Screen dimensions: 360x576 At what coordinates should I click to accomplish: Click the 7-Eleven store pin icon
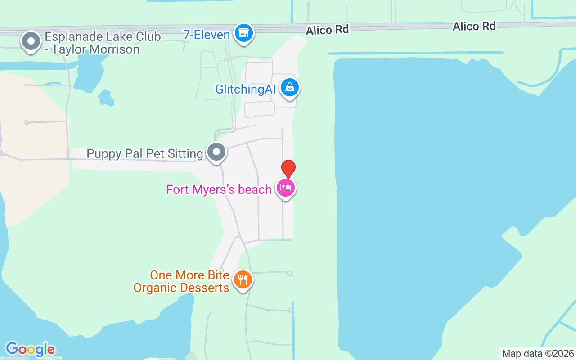244,33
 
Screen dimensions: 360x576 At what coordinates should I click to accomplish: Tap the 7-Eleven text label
207,35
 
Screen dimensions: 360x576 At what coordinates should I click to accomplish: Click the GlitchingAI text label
245,89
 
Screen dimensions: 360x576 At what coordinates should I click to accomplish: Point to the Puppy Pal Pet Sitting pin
216,152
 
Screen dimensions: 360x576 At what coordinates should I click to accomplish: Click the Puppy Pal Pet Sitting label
145,154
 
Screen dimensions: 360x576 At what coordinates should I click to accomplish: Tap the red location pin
288,169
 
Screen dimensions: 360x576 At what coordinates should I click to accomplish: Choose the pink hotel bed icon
286,188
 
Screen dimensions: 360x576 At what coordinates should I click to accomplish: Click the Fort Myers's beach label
219,189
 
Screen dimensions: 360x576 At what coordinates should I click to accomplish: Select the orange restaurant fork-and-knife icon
243,280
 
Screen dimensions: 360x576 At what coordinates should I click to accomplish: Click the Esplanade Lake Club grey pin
31,41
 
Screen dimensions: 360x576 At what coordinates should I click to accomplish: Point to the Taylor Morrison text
95,49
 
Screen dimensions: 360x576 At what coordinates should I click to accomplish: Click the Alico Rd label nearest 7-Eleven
328,30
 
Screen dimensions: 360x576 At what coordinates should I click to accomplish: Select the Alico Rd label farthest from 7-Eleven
474,26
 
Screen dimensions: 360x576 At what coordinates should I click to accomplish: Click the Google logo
30,349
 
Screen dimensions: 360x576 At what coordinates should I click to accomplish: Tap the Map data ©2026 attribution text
538,353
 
